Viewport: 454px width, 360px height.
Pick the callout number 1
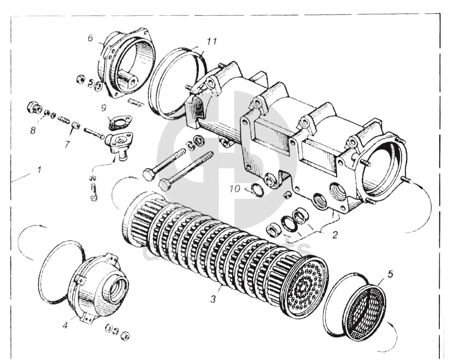(x=39, y=170)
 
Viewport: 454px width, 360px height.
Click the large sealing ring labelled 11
(x=176, y=82)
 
